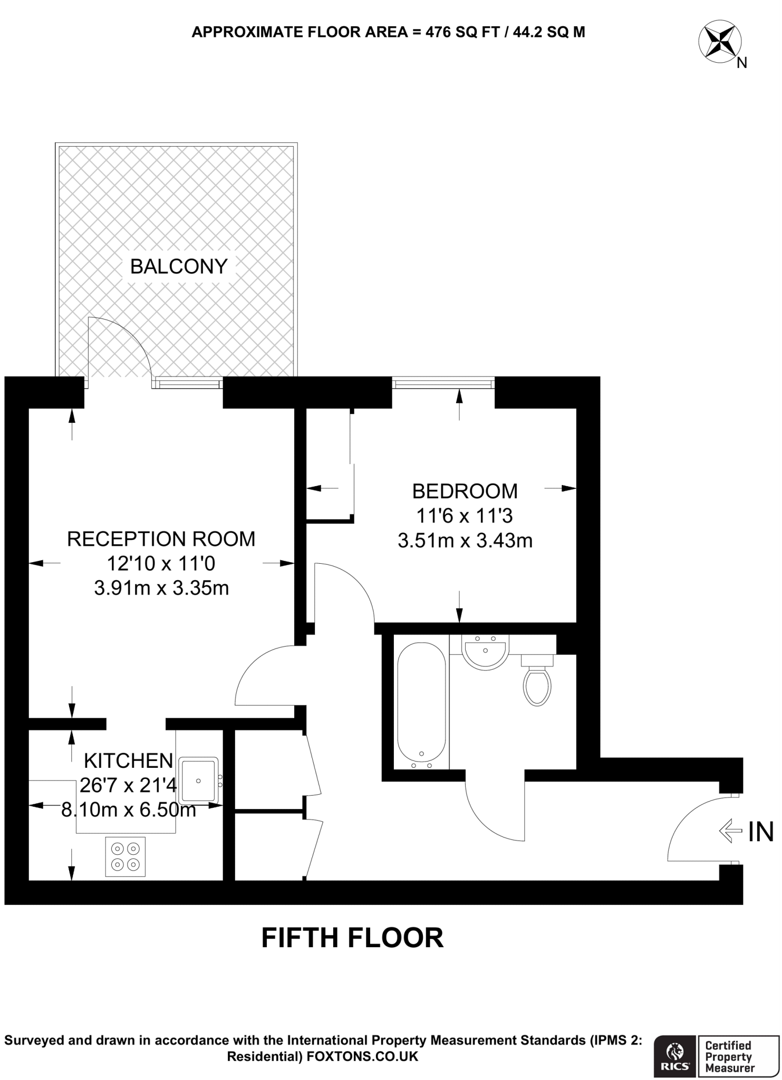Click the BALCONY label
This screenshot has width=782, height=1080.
[x=179, y=267]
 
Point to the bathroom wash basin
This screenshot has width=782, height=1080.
[x=485, y=652]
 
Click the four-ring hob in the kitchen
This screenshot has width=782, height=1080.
[x=125, y=857]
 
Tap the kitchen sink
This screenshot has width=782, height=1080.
[x=199, y=780]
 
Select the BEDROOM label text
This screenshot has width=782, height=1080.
[x=465, y=491]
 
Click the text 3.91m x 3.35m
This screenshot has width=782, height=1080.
[x=161, y=588]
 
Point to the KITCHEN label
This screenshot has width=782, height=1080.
[x=129, y=761]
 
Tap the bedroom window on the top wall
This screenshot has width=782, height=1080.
[x=443, y=383]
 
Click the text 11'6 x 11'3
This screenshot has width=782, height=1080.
[x=465, y=516]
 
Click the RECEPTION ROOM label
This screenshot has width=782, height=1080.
[x=161, y=539]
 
